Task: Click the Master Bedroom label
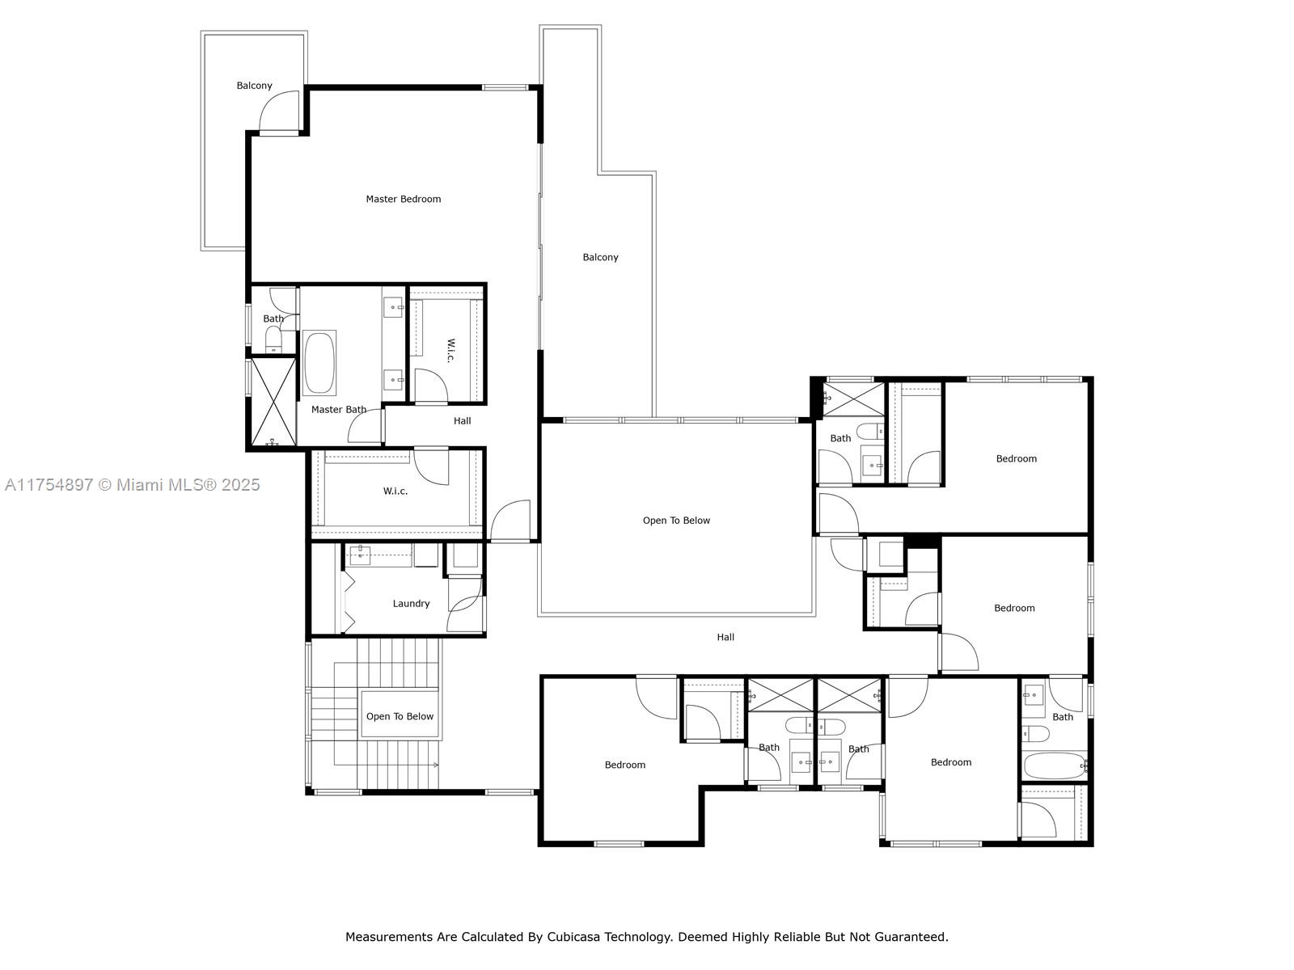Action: (403, 199)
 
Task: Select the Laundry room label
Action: (411, 604)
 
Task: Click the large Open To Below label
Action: (676, 521)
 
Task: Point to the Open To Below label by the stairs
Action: (400, 716)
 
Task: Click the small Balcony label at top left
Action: (254, 86)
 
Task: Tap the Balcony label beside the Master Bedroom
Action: (600, 257)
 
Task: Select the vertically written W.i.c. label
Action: (451, 350)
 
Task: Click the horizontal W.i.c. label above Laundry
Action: (395, 491)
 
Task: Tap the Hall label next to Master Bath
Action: (462, 420)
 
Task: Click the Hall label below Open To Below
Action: (725, 637)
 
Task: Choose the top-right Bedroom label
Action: (1016, 458)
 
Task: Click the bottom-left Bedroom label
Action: (625, 765)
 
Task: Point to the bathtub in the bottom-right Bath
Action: (1054, 765)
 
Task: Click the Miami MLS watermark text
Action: (132, 485)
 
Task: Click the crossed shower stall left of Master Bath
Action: (273, 402)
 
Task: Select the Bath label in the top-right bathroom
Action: (840, 438)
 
